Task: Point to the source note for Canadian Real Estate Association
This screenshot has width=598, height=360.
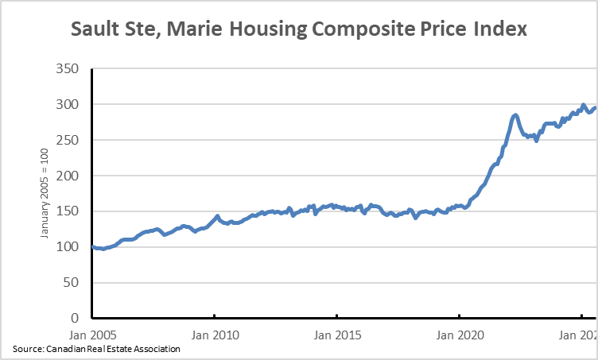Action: click(96, 349)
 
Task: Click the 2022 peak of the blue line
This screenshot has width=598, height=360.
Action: click(515, 115)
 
